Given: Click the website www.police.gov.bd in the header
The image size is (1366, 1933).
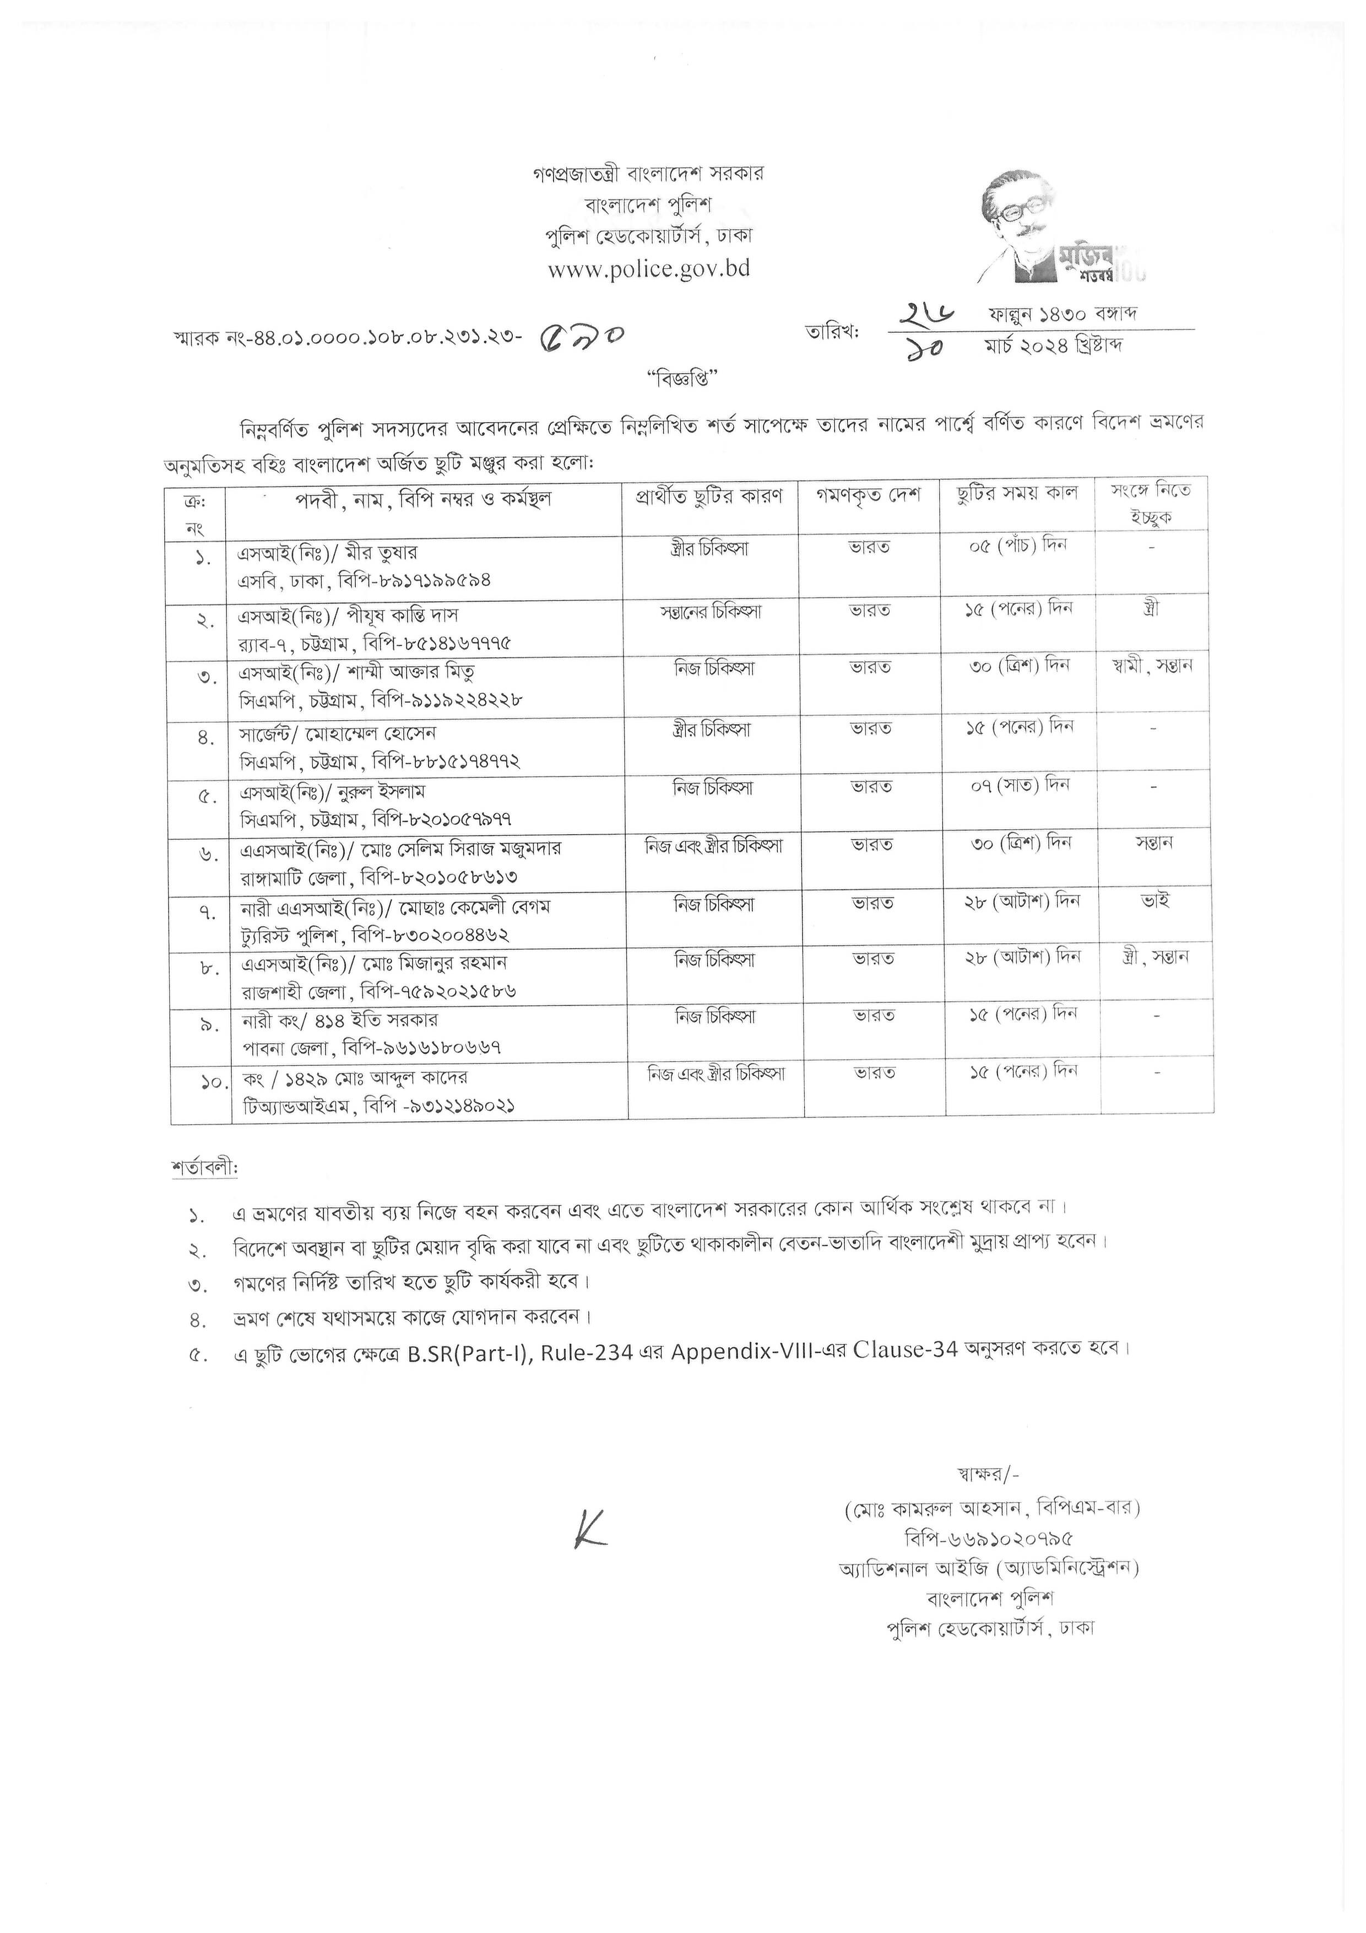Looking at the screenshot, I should (x=649, y=269).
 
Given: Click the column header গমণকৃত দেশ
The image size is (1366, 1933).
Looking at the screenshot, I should (x=868, y=496).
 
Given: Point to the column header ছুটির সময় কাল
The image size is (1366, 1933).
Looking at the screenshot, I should (x=1017, y=494).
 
